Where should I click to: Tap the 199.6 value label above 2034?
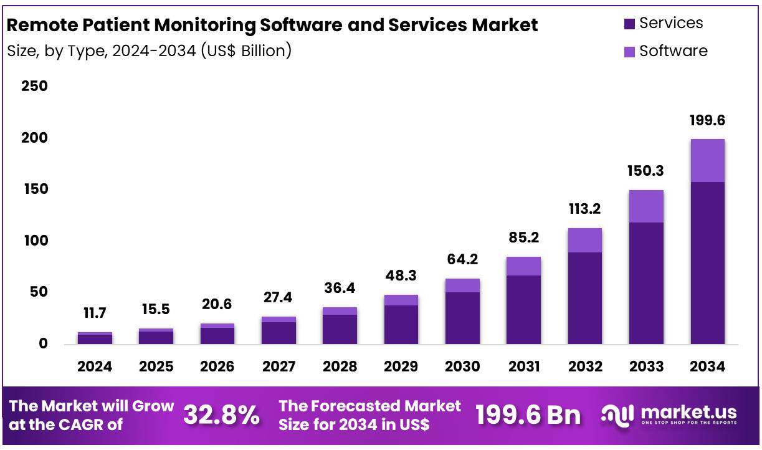click(707, 120)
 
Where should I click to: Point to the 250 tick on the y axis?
click(34, 86)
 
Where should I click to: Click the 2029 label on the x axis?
click(401, 366)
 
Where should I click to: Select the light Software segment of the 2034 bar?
click(707, 160)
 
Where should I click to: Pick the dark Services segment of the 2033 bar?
click(646, 283)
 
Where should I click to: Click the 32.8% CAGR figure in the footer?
click(221, 415)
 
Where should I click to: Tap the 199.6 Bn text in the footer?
click(528, 415)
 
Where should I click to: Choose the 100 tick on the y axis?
click(34, 241)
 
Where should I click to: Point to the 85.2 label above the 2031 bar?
click(523, 237)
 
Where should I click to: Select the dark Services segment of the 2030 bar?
click(462, 318)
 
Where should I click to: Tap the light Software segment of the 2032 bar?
click(585, 240)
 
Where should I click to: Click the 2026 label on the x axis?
click(217, 366)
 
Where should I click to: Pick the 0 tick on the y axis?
click(43, 343)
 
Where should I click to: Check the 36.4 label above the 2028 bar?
click(340, 289)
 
